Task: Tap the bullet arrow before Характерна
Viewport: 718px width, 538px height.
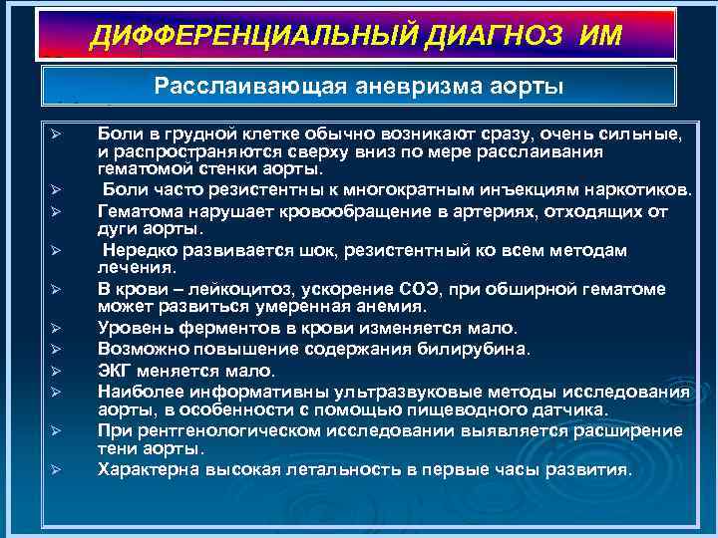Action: point(58,470)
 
